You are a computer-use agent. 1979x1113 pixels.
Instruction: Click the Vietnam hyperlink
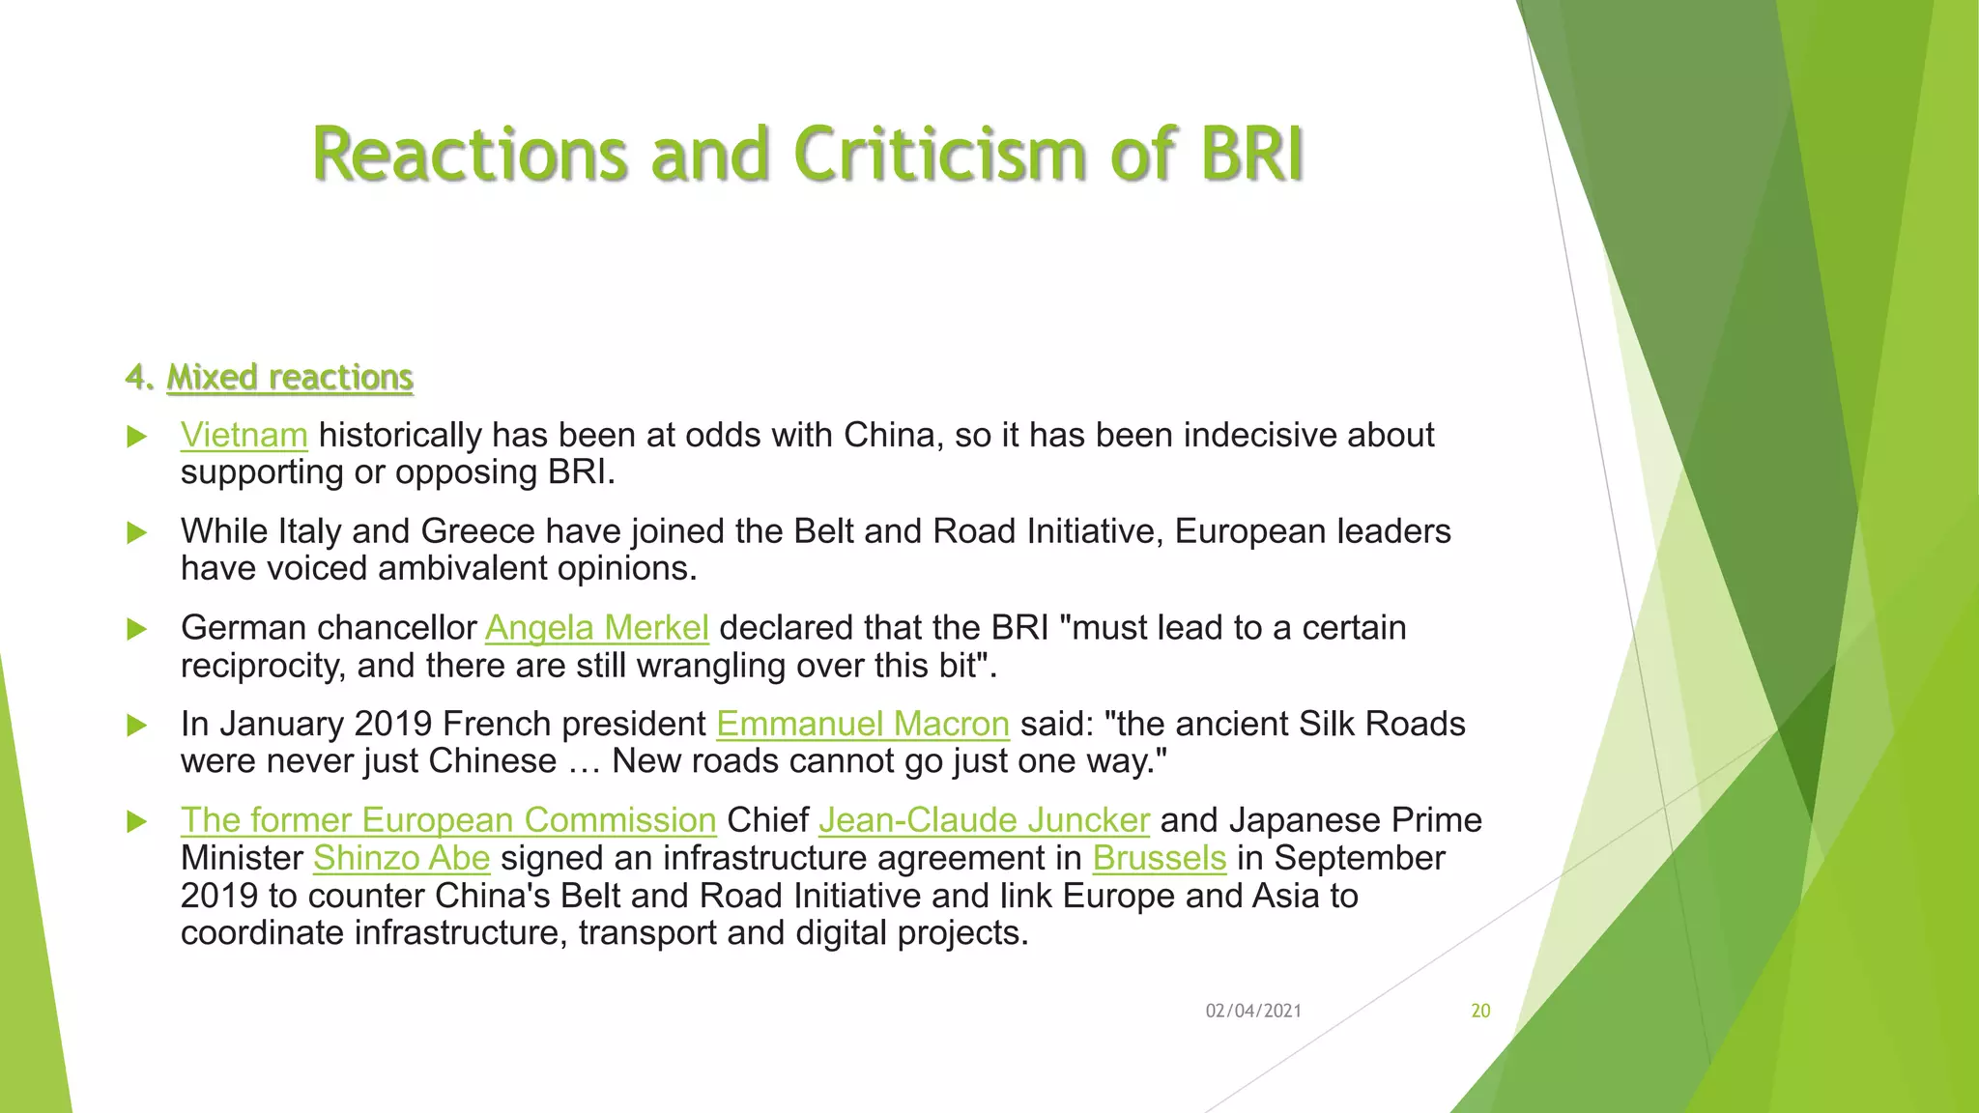(244, 436)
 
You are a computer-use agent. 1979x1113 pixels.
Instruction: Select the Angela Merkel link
(596, 628)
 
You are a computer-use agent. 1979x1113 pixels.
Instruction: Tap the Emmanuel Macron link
(862, 725)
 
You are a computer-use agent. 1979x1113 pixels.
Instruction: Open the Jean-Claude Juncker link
(984, 820)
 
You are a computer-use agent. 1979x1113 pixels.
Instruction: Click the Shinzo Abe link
(401, 858)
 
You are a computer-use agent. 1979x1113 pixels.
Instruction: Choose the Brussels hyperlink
(1159, 858)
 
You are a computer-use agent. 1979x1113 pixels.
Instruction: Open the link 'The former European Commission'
(448, 820)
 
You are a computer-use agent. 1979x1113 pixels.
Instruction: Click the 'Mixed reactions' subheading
(290, 377)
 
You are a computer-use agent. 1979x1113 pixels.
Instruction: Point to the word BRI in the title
(1252, 155)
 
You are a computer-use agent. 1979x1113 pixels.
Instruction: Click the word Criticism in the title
(941, 155)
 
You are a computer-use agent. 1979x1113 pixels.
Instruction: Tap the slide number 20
(1480, 1011)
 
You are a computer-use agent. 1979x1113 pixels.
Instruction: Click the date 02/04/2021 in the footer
(1253, 1011)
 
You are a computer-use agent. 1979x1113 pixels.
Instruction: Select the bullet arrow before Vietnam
(137, 437)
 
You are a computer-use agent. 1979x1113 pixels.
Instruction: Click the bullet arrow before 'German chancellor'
(137, 630)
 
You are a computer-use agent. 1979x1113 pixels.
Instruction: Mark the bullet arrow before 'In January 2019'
(137, 726)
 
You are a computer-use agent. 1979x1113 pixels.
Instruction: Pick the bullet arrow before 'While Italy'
(137, 533)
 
